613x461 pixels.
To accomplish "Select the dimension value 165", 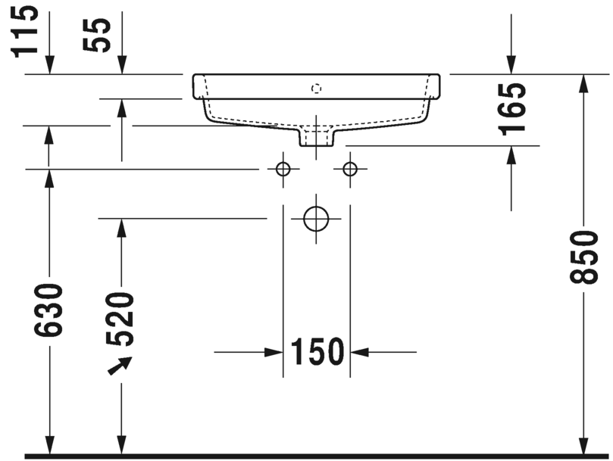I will (513, 108).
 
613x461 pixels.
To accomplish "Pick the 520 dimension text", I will (121, 319).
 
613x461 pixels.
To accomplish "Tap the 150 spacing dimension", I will (316, 351).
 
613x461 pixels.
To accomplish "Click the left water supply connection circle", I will (283, 169).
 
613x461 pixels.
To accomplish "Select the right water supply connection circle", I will (349, 169).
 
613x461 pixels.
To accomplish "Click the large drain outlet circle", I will (316, 218).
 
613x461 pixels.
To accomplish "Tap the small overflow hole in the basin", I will (317, 88).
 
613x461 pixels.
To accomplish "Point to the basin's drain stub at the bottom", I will (317, 137).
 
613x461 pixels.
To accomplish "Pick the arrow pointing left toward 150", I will (361, 352).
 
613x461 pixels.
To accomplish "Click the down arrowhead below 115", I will (50, 67).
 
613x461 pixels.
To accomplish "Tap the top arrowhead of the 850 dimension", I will (583, 83).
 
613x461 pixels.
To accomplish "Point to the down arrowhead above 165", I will (511, 67).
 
